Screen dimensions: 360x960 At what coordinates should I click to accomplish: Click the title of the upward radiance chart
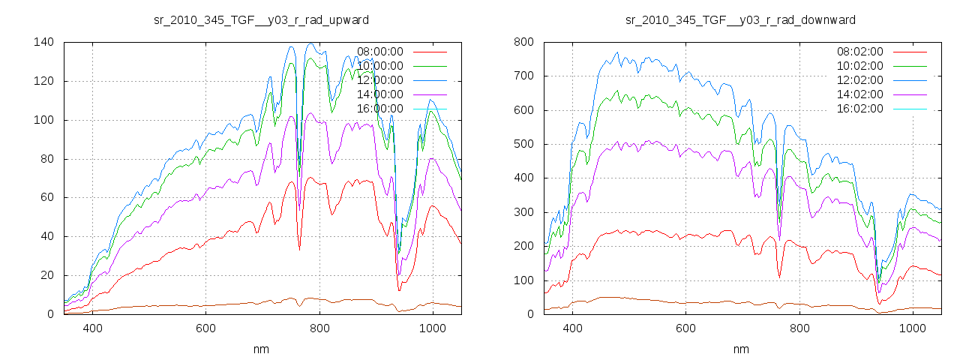(261, 19)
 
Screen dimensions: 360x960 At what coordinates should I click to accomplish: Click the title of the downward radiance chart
(741, 19)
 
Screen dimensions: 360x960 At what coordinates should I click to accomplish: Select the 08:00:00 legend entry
(380, 52)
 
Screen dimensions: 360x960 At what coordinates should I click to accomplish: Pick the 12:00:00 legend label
(380, 80)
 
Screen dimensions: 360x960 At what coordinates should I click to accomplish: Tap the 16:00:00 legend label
(380, 109)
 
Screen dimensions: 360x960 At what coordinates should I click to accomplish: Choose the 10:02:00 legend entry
(860, 66)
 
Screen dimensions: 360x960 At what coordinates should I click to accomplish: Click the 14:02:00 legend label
(860, 94)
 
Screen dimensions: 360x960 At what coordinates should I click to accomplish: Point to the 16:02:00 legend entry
(860, 109)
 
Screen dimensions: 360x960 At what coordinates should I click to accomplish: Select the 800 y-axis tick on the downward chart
(523, 42)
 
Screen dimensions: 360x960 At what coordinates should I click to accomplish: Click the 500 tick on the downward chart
(523, 144)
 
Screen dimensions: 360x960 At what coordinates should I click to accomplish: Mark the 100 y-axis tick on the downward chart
(523, 280)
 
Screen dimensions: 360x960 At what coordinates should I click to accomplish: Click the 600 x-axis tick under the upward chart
(205, 328)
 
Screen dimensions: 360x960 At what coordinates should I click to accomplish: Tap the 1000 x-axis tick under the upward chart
(432, 328)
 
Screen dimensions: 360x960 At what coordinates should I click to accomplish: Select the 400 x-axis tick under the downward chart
(572, 328)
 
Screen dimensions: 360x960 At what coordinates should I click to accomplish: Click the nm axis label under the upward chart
(261, 349)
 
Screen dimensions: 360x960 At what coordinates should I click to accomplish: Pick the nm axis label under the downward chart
(741, 349)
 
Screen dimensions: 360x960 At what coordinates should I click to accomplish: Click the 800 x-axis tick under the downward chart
(799, 328)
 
